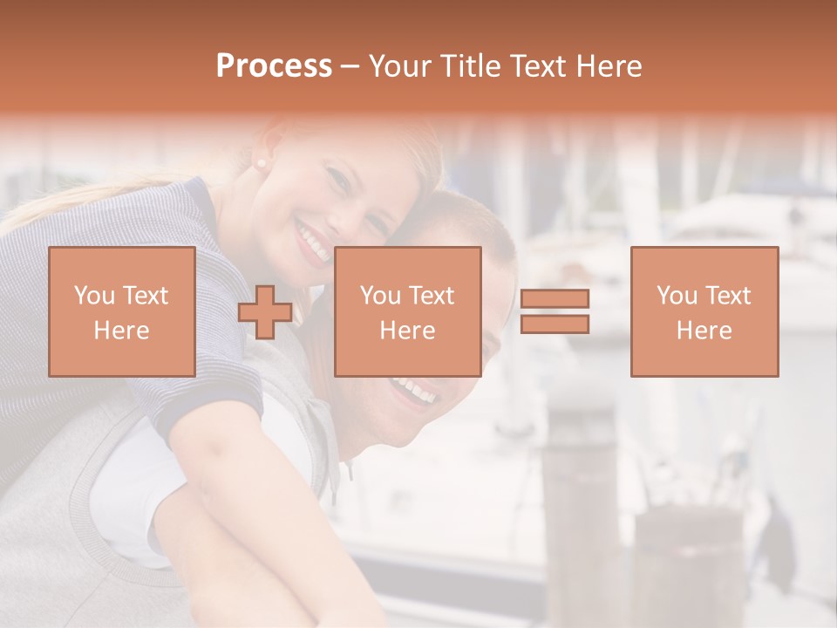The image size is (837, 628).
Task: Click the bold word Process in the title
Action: [274, 66]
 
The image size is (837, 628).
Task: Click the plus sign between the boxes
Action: [265, 312]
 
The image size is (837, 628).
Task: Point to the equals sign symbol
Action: [555, 311]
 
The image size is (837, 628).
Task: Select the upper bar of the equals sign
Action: [555, 299]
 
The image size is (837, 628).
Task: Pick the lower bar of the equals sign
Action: [555, 324]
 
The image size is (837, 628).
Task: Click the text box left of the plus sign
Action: [121, 311]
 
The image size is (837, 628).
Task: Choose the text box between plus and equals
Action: [407, 311]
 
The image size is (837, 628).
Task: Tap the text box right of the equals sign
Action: [704, 311]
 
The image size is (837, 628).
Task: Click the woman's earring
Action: [259, 163]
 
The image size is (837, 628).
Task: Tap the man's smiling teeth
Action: [415, 391]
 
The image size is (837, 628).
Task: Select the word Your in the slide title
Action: [398, 66]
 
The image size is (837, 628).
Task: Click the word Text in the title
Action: [536, 66]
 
